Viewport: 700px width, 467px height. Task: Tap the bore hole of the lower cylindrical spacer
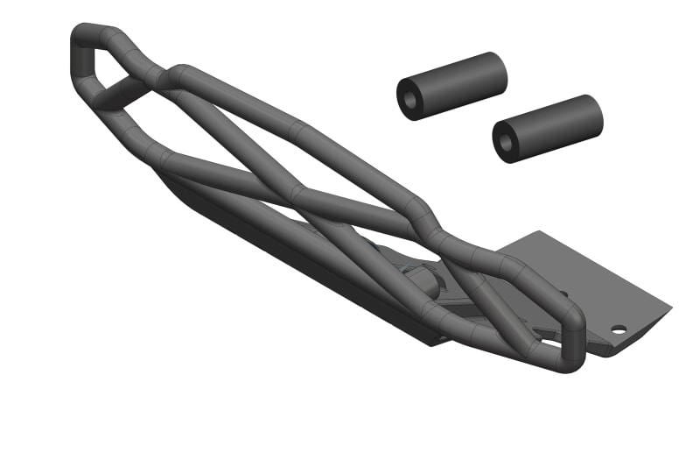tap(505, 142)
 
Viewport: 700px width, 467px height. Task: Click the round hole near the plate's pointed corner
tap(619, 329)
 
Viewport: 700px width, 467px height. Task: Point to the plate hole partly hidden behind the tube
tap(563, 294)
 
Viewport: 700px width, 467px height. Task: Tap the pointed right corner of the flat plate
tap(670, 308)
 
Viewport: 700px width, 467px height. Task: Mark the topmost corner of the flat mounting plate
tap(540, 232)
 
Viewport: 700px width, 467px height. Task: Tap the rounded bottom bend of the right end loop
tap(560, 364)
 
